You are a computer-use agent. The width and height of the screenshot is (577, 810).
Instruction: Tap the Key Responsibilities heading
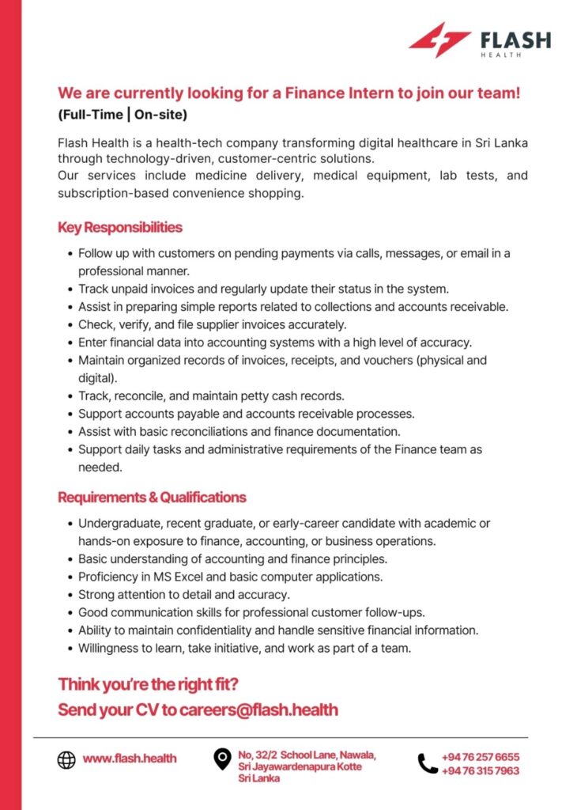119,228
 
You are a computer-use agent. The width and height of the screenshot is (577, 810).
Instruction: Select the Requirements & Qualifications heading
152,498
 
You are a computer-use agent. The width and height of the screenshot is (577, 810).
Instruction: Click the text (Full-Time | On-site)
122,115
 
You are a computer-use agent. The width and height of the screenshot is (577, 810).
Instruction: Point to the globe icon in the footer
66,759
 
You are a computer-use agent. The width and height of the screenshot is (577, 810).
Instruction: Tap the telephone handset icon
428,763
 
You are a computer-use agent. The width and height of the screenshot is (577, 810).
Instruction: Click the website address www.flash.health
130,759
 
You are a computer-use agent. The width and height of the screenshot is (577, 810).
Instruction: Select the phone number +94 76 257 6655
481,757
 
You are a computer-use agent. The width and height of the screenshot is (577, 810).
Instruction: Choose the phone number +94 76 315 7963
481,770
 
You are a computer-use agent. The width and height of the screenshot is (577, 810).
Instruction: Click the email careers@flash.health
258,710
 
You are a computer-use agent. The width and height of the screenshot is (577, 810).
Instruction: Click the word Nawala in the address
354,755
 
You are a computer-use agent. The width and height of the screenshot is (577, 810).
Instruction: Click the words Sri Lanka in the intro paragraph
500,142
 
